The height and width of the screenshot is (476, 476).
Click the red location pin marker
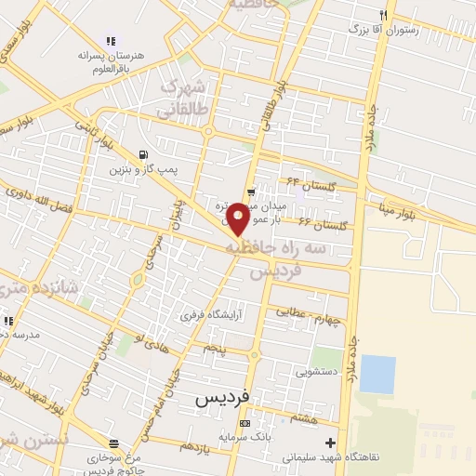pos(238,218)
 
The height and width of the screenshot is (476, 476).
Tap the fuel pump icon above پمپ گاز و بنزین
pos(141,154)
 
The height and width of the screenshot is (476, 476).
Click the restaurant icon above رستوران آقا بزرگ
pos(382,16)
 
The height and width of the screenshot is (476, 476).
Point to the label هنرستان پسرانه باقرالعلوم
pos(112,61)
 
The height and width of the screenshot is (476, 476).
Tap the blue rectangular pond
pos(377,374)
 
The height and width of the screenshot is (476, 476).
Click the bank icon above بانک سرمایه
pos(245,424)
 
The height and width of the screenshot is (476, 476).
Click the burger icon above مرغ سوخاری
pos(113,443)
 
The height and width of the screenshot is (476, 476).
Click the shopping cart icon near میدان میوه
pos(251,192)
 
